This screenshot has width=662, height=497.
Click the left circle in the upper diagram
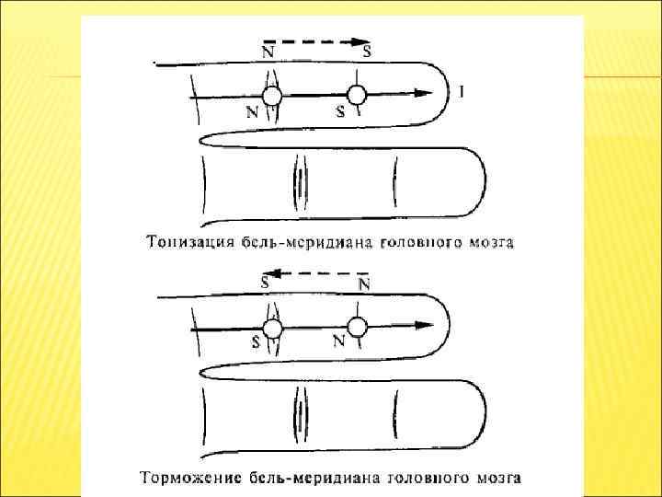[x=272, y=96]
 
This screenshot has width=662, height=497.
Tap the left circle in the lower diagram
[x=272, y=329]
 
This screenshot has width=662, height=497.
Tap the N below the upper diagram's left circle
[x=252, y=112]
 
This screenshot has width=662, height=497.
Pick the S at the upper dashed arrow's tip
[x=367, y=52]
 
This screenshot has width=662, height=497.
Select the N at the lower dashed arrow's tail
[x=364, y=285]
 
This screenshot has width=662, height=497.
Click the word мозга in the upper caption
[x=495, y=244]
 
